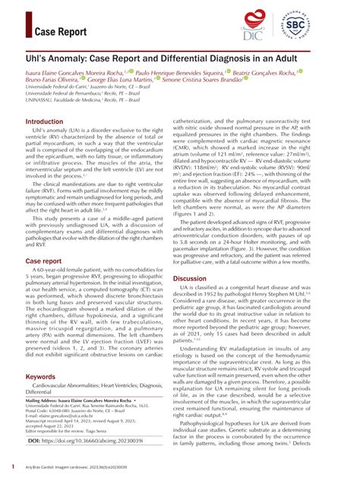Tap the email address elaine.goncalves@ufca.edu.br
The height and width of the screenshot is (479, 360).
pyautogui.click(x=69, y=416)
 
